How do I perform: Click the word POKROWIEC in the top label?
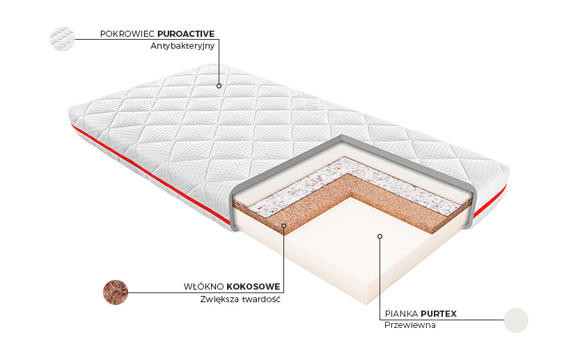point(127,33)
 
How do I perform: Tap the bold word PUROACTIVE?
point(186,33)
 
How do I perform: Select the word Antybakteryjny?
point(182,47)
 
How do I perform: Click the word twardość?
point(263,300)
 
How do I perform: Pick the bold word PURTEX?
point(439,313)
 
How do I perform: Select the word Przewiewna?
point(410,326)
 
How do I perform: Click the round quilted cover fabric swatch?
point(62,38)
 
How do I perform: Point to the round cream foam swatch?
point(516,320)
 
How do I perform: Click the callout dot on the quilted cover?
point(219,86)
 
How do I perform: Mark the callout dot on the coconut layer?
point(284,225)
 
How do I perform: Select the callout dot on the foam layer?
point(380,236)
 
